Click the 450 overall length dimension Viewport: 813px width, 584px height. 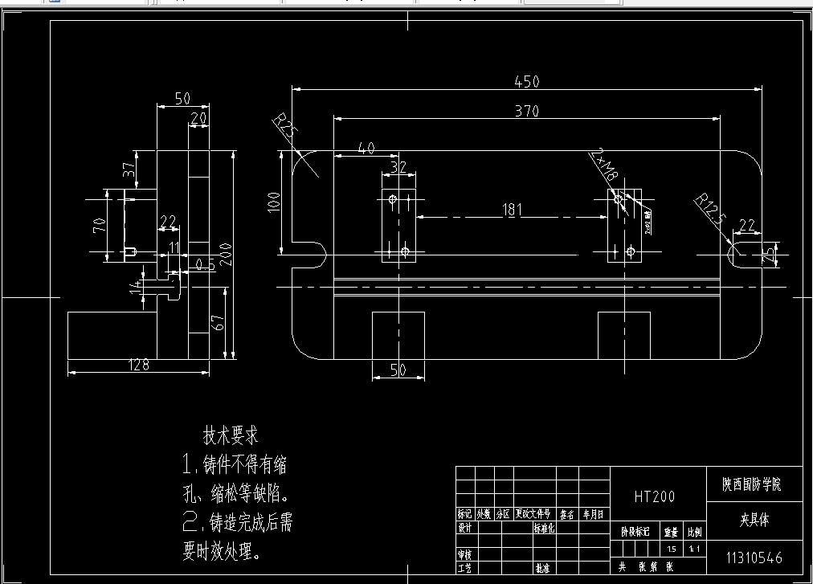point(526,81)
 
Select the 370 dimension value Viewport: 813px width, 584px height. point(526,112)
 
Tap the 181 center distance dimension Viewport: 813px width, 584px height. point(512,210)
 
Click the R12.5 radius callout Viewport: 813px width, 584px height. point(709,213)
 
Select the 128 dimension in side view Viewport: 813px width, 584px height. point(139,366)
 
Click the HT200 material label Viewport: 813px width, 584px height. point(654,496)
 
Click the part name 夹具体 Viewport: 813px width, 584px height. point(754,520)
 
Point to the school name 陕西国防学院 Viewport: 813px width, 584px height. point(751,484)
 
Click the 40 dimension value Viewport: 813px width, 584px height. point(366,148)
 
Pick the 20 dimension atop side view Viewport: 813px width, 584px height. point(198,118)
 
